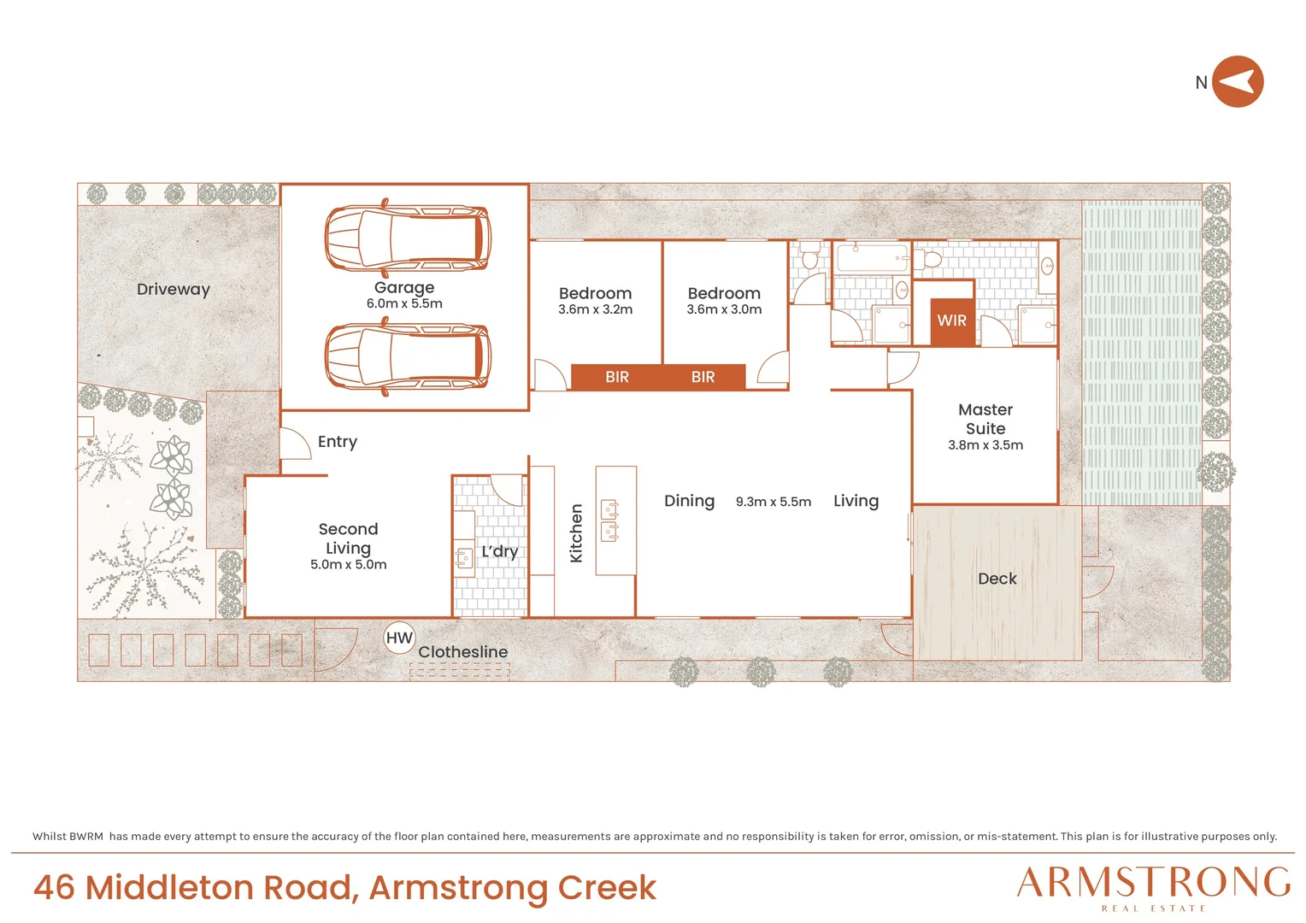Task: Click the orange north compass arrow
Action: (1238, 81)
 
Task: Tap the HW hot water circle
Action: (399, 638)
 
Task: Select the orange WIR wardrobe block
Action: (952, 322)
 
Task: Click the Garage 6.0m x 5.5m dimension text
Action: (404, 303)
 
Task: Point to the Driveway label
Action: (174, 289)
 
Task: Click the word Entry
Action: (338, 442)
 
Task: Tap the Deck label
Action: (997, 579)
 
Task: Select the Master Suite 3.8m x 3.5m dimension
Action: (985, 445)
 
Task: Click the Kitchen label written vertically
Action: (576, 533)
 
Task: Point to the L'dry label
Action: (500, 551)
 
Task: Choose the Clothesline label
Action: (463, 652)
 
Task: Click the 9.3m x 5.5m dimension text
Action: (774, 502)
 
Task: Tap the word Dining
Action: (689, 502)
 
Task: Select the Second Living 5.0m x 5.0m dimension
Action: (349, 564)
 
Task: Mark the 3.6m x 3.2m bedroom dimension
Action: (595, 309)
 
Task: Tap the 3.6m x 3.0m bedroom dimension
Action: (724, 309)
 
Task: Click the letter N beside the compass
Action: (1201, 83)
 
